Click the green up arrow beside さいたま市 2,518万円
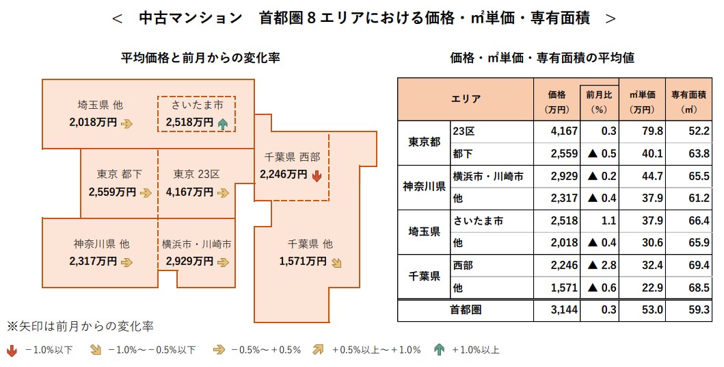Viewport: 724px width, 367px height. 223,123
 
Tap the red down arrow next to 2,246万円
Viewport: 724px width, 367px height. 317,175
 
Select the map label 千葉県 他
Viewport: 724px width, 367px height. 310,244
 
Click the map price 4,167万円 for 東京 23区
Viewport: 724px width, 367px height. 189,193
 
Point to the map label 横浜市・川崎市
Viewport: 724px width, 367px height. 196,244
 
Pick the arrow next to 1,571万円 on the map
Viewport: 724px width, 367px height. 336,262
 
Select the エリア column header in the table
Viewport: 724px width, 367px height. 465,99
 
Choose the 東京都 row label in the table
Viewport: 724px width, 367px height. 424,142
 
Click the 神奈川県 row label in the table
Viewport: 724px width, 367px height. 424,187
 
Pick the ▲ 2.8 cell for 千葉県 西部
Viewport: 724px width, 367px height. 598,266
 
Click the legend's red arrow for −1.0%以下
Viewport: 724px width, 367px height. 12,350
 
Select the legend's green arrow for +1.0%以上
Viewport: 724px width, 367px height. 439,350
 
